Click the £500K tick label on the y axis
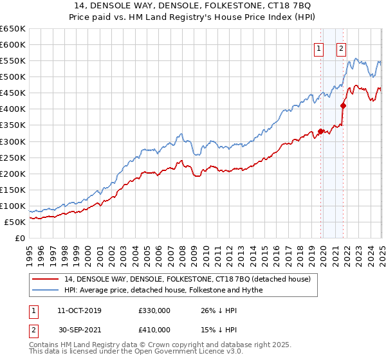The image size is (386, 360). pos(12,76)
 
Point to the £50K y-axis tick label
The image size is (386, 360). pos(15,222)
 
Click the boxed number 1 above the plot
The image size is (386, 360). pos(318,47)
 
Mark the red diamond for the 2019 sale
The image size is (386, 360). pos(320,131)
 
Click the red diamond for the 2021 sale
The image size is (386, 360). pos(344,105)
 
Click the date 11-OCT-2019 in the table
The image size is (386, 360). pos(80,310)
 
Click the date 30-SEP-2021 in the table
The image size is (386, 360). pos(80,330)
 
